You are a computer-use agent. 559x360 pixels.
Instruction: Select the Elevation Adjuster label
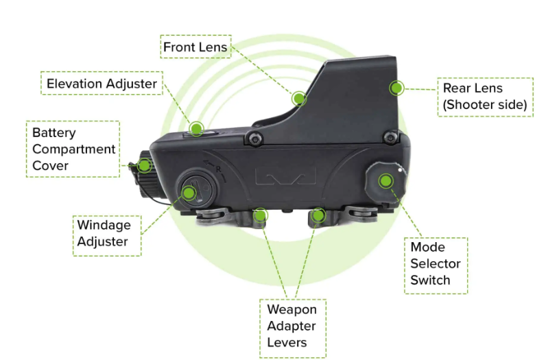[x=102, y=84]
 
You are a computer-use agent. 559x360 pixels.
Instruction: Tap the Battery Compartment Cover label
[x=73, y=149]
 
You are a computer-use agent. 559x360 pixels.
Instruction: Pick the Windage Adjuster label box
[x=107, y=233]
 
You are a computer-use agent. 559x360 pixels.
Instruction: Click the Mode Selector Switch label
[x=436, y=264]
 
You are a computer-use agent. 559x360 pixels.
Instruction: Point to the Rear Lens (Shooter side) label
[x=484, y=97]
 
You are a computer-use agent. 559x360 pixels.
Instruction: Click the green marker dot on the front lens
[x=298, y=99]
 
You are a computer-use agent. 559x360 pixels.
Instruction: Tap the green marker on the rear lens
[x=396, y=88]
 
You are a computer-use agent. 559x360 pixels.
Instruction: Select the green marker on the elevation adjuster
[x=197, y=128]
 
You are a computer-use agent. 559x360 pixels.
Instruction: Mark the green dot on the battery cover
[x=144, y=165]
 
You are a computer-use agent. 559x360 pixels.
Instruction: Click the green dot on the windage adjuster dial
[x=189, y=193]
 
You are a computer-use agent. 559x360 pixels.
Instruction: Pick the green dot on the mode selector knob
[x=385, y=181]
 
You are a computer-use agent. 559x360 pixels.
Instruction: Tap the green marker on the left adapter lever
[x=259, y=215]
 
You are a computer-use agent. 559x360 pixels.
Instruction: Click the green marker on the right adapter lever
[x=317, y=216]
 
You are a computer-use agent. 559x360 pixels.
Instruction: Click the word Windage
[x=104, y=225]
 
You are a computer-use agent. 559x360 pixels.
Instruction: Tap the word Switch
[x=430, y=280]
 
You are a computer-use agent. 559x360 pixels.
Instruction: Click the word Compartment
[x=73, y=149]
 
